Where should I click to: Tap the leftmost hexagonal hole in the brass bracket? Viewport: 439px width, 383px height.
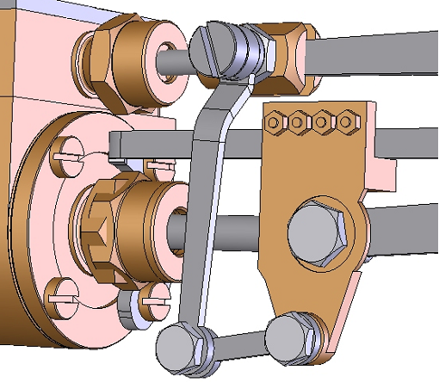(273, 122)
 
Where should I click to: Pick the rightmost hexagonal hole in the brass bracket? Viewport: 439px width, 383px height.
(349, 122)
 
